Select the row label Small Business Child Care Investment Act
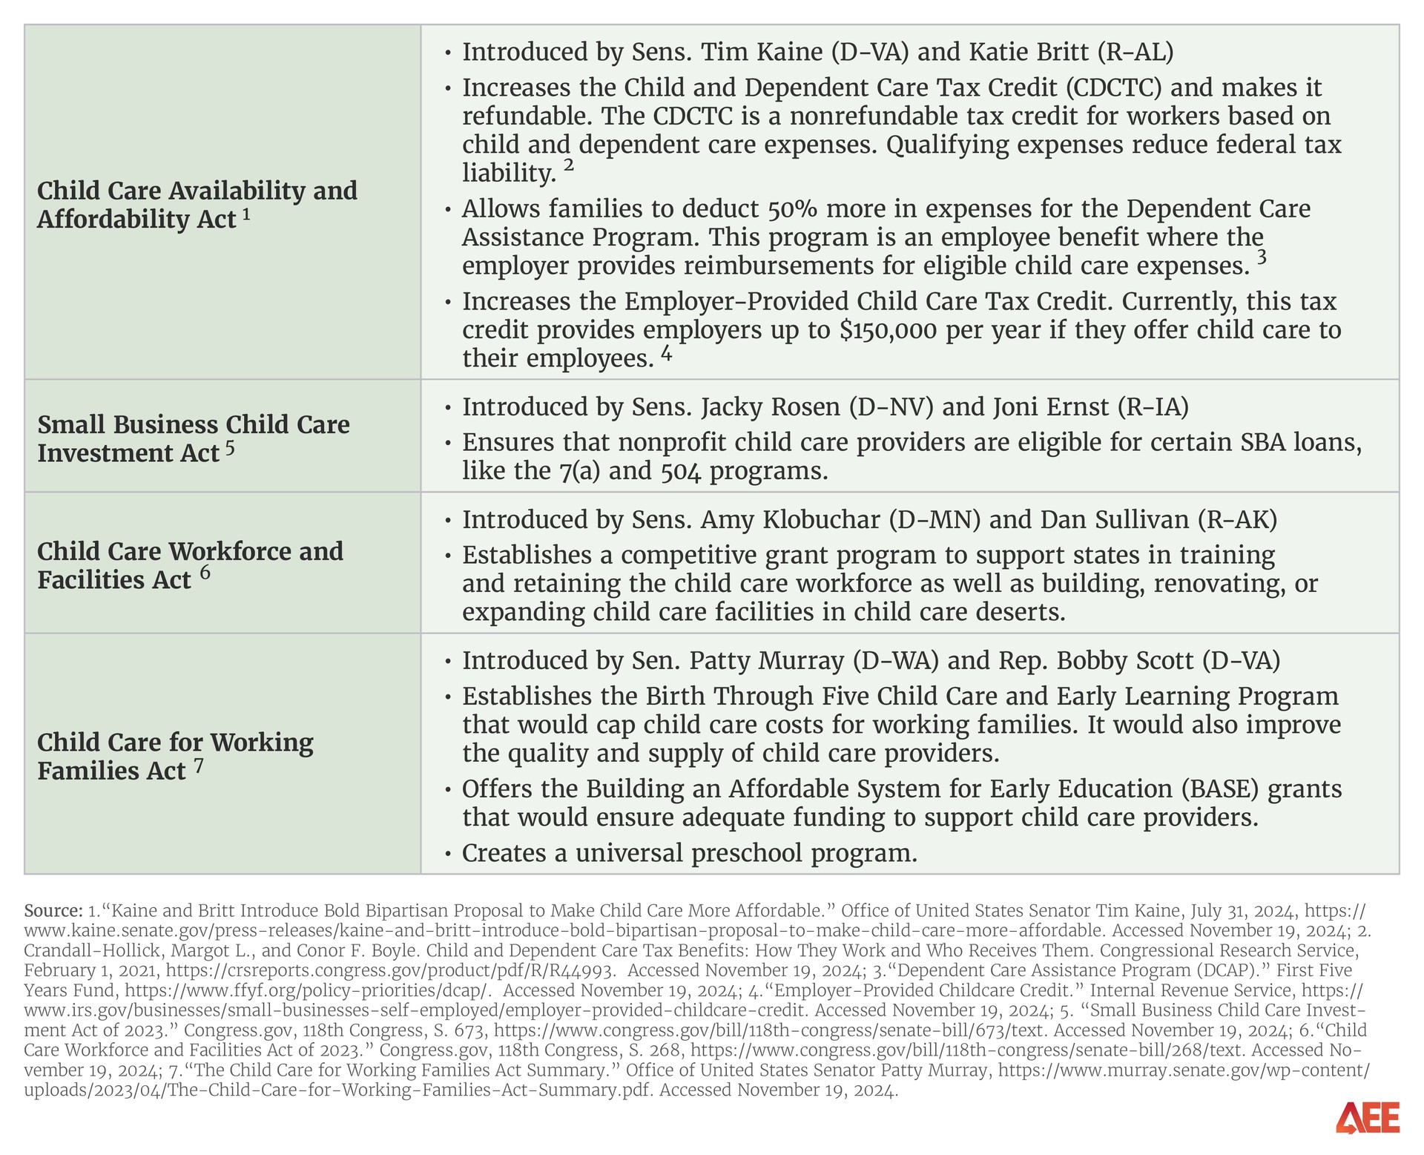(x=193, y=438)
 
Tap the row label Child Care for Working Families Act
(x=175, y=756)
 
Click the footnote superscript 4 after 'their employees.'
(x=666, y=354)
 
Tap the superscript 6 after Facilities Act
(x=205, y=572)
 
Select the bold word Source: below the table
(x=53, y=910)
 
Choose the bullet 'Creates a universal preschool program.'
(x=689, y=853)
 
